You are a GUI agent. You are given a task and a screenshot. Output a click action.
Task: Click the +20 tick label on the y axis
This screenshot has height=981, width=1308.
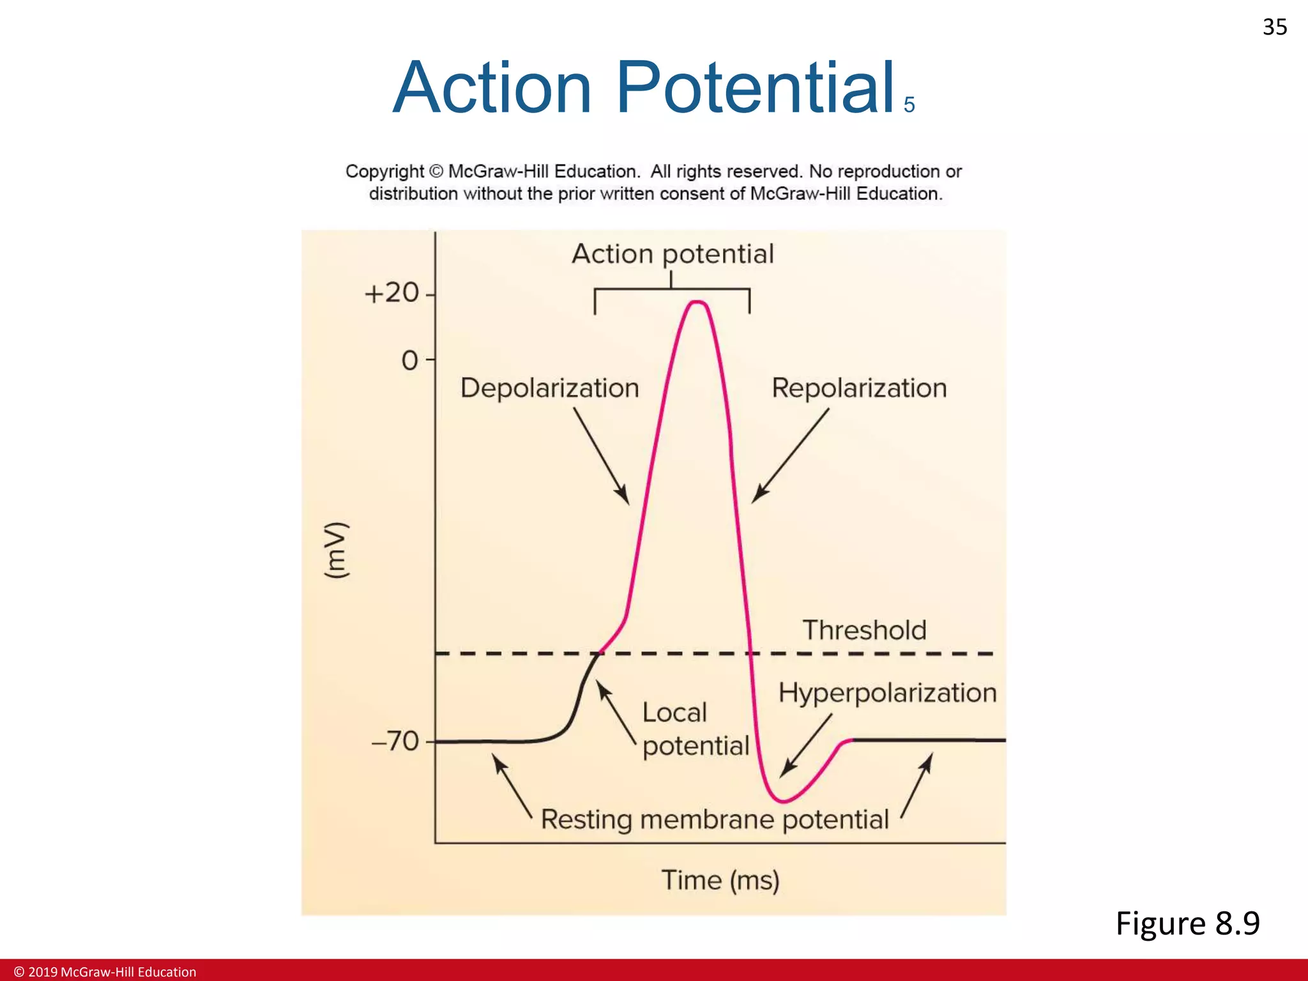[392, 293]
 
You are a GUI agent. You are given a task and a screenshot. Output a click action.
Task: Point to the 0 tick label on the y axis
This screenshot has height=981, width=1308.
[409, 361]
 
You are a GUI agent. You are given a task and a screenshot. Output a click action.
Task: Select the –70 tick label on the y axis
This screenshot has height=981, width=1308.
[395, 741]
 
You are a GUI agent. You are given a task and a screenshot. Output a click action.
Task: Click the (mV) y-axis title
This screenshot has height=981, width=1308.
[337, 551]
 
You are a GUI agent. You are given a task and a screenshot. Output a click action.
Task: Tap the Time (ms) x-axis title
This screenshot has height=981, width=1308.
[720, 880]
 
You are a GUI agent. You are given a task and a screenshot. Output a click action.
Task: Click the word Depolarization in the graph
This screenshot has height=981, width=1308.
[549, 388]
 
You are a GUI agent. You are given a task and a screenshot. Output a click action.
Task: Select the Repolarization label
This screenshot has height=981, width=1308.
[858, 388]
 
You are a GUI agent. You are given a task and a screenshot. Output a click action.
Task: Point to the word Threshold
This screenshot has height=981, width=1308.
[864, 630]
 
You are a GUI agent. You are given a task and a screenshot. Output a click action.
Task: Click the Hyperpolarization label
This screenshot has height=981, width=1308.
[887, 693]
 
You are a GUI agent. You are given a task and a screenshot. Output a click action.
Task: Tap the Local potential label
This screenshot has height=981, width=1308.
[695, 729]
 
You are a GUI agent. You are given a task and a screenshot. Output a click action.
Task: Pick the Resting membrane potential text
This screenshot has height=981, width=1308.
[715, 819]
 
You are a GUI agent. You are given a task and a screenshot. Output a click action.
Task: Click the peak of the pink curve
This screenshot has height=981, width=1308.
[697, 302]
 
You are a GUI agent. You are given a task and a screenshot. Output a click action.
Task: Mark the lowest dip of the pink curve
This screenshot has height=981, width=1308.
[782, 801]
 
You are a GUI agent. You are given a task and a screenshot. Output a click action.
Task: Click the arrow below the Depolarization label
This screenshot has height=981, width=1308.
[601, 456]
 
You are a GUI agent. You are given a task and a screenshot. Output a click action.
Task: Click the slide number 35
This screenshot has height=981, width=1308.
[1274, 27]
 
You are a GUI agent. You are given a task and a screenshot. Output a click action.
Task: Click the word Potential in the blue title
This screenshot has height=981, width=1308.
[755, 87]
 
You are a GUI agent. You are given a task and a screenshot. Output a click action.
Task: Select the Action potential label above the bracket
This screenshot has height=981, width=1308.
[672, 254]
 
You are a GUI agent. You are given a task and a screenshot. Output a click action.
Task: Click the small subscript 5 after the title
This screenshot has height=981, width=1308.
[909, 105]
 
